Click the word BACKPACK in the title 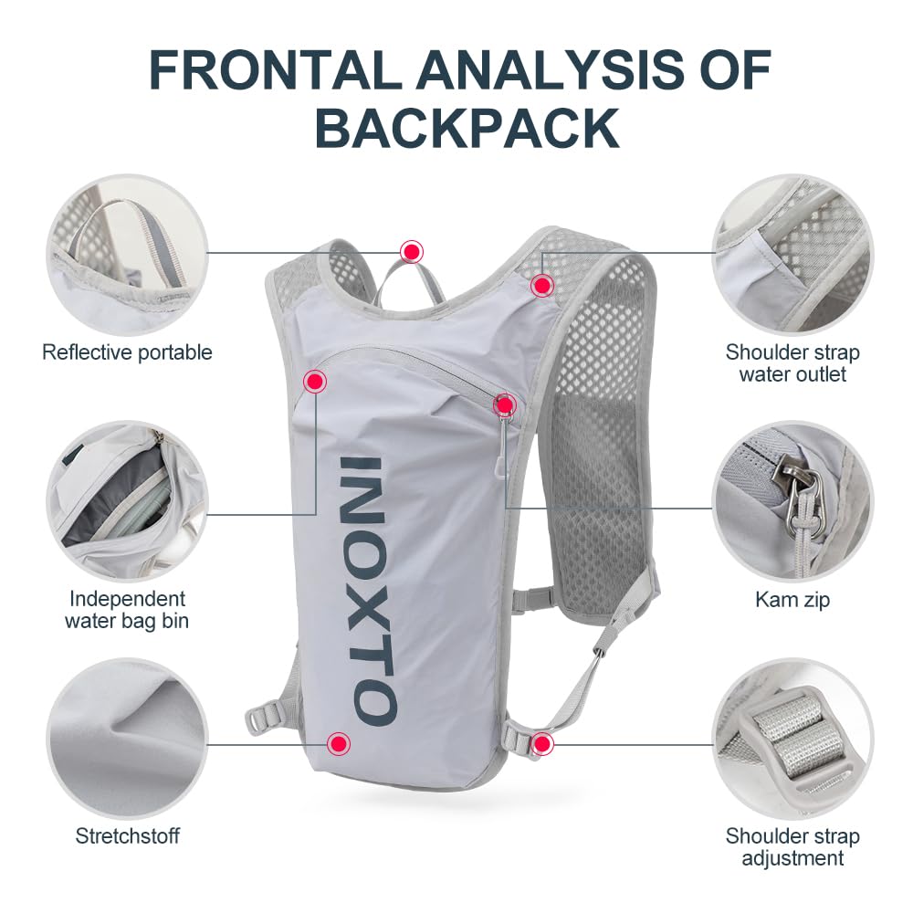click(x=467, y=129)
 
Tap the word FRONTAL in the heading click(x=276, y=69)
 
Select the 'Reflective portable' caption click(x=127, y=352)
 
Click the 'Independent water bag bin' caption click(x=127, y=610)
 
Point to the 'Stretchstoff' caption click(x=128, y=836)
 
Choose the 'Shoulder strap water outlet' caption click(x=792, y=363)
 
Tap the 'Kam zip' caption click(x=792, y=599)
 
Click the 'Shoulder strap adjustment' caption click(x=792, y=847)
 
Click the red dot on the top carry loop click(x=412, y=252)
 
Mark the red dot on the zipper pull click(x=504, y=404)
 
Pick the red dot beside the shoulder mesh click(x=542, y=285)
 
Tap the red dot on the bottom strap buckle click(x=542, y=743)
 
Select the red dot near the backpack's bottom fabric click(x=339, y=743)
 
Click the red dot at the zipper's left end click(x=315, y=382)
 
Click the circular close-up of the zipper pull click(x=792, y=500)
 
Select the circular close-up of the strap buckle click(x=792, y=739)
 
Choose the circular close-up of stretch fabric click(x=128, y=739)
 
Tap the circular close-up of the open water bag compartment click(x=128, y=500)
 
